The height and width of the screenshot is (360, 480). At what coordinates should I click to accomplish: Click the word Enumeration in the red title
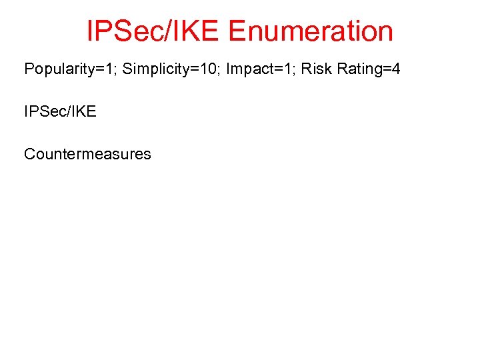pyautogui.click(x=311, y=31)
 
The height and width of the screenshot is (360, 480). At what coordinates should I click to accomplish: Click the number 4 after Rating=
pyautogui.click(x=395, y=69)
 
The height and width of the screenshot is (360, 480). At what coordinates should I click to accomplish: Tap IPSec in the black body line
pyautogui.click(x=43, y=111)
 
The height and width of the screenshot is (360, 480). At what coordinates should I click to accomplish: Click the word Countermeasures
pyautogui.click(x=87, y=154)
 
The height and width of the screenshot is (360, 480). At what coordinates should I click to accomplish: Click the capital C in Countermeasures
pyautogui.click(x=30, y=154)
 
